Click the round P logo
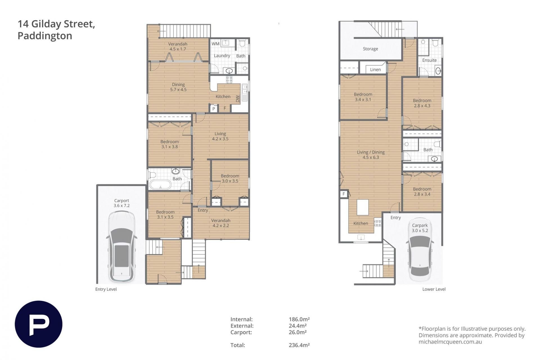tap(39, 324)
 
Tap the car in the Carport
tap(121, 246)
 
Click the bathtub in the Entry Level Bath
tap(160, 185)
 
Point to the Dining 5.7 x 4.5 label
tap(178, 87)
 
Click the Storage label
tap(370, 49)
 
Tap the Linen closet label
tap(375, 70)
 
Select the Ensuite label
tap(429, 60)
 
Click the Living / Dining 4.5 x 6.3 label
tap(371, 155)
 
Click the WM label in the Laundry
tap(215, 44)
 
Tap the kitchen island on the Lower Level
tap(363, 207)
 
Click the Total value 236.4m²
tap(299, 345)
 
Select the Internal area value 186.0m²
tap(299, 319)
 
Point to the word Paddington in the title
tap(45, 36)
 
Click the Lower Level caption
tap(434, 289)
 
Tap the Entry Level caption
tap(106, 289)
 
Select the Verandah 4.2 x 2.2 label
tap(221, 223)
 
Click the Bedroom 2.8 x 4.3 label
tap(422, 103)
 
